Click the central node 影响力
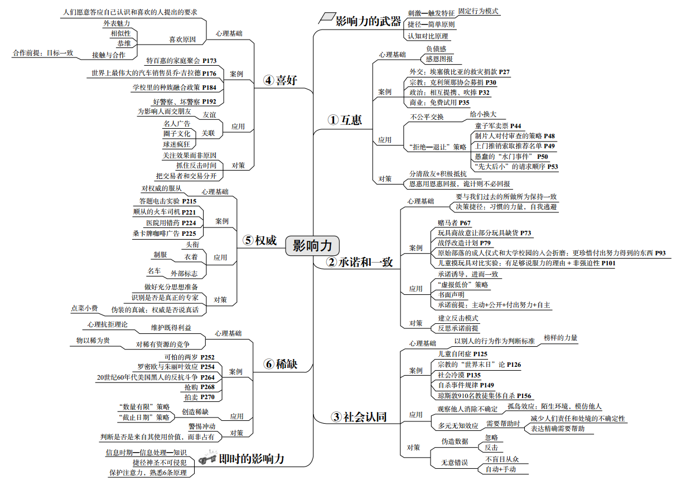(312, 245)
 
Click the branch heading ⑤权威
(260, 240)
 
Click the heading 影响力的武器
(368, 21)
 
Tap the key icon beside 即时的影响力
(207, 458)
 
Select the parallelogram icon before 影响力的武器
(325, 18)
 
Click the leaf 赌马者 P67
(454, 222)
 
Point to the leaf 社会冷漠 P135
(459, 375)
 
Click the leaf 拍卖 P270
(199, 397)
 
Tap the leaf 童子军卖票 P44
(498, 126)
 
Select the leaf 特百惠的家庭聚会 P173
(181, 60)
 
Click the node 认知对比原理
(428, 36)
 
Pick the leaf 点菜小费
(84, 308)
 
